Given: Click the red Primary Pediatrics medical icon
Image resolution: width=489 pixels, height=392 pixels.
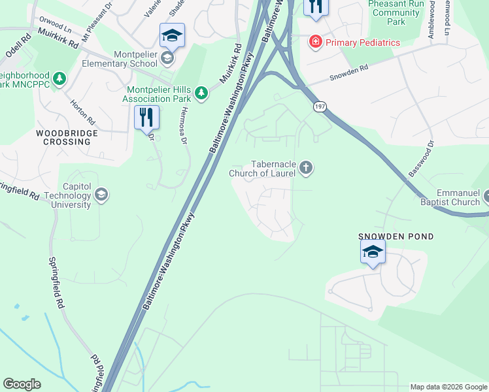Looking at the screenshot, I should [316, 42].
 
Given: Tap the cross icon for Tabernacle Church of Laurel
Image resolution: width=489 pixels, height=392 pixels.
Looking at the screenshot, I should [305, 169].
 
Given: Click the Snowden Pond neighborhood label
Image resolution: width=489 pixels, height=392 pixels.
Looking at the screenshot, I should [396, 237].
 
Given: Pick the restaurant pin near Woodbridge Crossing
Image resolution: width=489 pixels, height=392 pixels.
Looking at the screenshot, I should [147, 118].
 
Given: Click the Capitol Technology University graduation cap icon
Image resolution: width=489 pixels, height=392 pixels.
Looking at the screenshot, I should [101, 195].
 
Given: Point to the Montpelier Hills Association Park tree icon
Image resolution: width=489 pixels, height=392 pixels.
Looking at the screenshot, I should [202, 93].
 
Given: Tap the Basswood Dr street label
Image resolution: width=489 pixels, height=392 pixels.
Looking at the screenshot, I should [421, 157].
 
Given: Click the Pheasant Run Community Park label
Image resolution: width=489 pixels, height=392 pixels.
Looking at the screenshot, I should [396, 12].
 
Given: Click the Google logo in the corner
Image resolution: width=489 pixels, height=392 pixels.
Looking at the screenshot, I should [22, 384].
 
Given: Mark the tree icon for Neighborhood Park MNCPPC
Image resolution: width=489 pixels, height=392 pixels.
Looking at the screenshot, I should [59, 79].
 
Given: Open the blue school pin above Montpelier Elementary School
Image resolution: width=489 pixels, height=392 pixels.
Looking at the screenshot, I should [172, 35].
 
